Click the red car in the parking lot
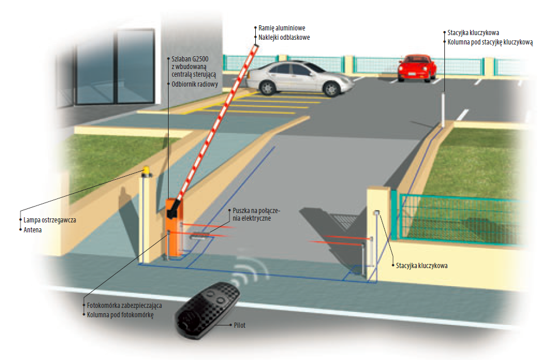pyautogui.click(x=416, y=68)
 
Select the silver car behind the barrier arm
pyautogui.click(x=299, y=77)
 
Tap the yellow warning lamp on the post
pyautogui.click(x=145, y=171)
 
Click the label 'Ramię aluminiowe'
pyautogui.click(x=282, y=28)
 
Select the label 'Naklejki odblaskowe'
pyautogui.click(x=284, y=37)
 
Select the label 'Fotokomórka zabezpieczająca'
pyautogui.click(x=124, y=306)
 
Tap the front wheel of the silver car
pyautogui.click(x=331, y=89)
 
